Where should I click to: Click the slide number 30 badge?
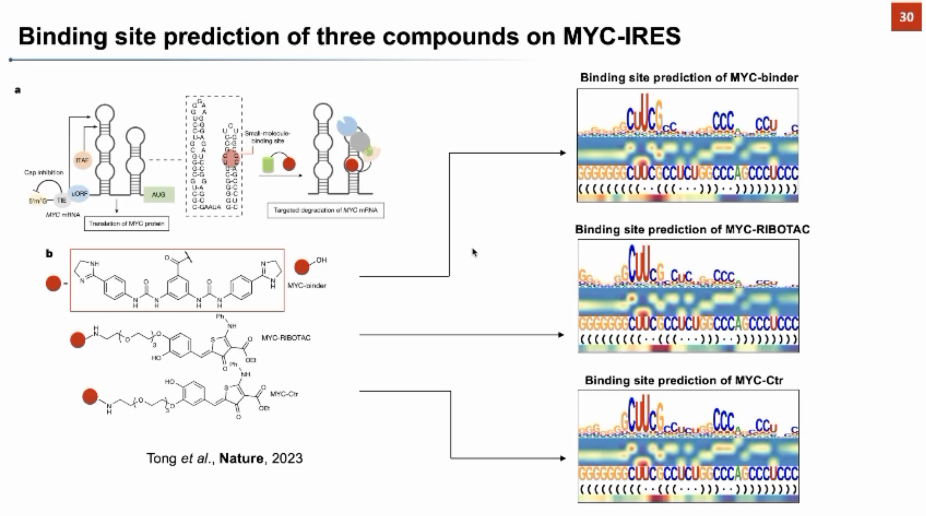pyautogui.click(x=906, y=17)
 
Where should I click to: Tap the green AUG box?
pyautogui.click(x=158, y=194)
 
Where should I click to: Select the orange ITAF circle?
pyautogui.click(x=82, y=160)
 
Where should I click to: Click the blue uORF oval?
pyautogui.click(x=79, y=194)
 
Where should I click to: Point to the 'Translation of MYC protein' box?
pyautogui.click(x=127, y=223)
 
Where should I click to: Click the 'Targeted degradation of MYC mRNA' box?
pyautogui.click(x=325, y=211)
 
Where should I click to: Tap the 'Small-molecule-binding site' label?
pyautogui.click(x=267, y=137)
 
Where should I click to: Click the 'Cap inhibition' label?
pyautogui.click(x=44, y=173)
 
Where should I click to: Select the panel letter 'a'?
pyautogui.click(x=18, y=90)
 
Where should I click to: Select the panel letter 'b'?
pyautogui.click(x=49, y=254)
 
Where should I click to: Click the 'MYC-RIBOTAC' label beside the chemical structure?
pyautogui.click(x=286, y=338)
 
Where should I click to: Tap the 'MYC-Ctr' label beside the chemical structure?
pyautogui.click(x=284, y=394)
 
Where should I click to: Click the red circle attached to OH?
pyautogui.click(x=301, y=267)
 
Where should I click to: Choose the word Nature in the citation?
pyautogui.click(x=241, y=458)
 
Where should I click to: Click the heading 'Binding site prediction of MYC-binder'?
pyautogui.click(x=689, y=78)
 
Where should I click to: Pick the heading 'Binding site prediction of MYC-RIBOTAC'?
pyautogui.click(x=692, y=229)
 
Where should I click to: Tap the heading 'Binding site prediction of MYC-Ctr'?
pyautogui.click(x=684, y=380)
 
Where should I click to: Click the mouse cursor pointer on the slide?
pyautogui.click(x=474, y=253)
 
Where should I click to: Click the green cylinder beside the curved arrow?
pyautogui.click(x=268, y=165)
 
